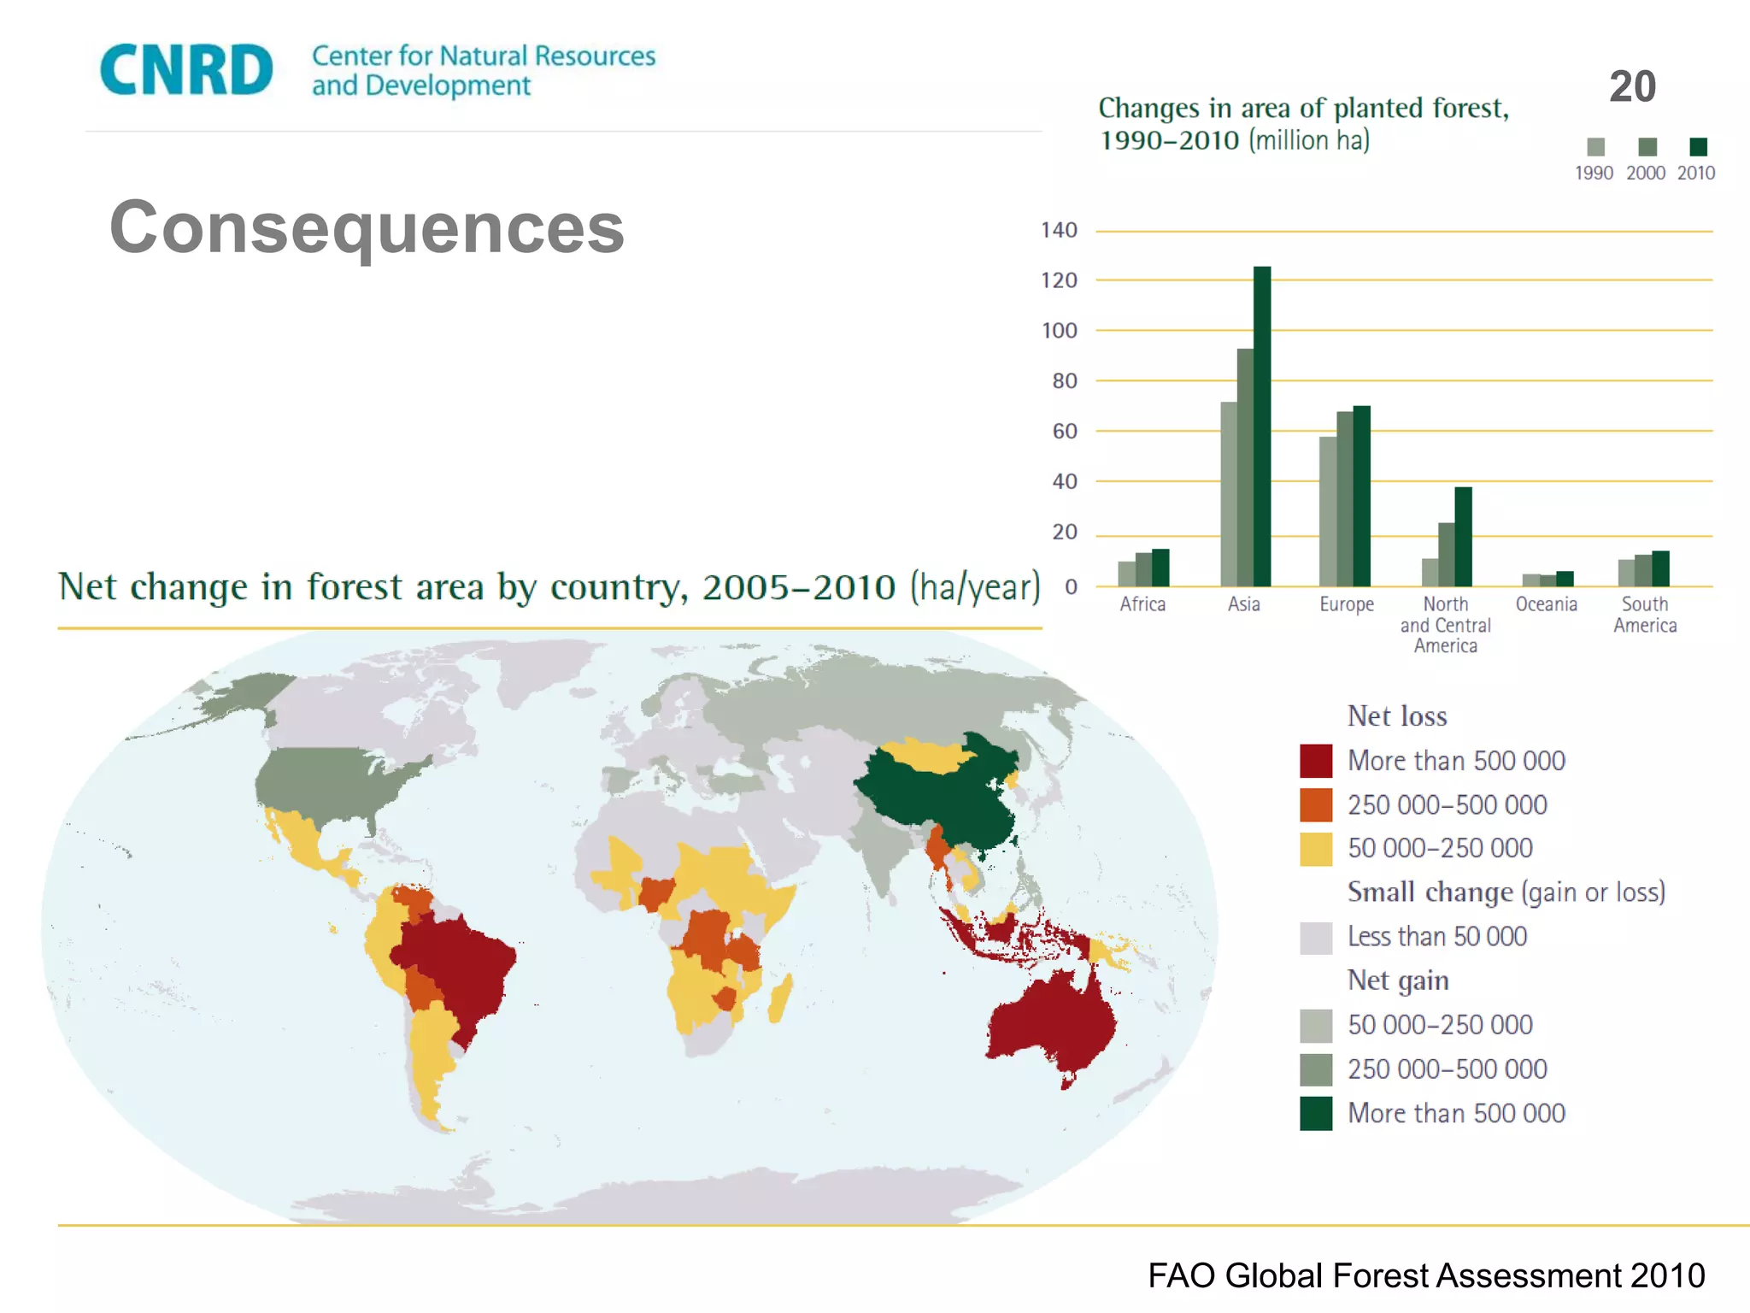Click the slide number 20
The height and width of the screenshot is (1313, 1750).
[x=1632, y=86]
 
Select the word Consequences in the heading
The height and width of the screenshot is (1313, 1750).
[x=367, y=227]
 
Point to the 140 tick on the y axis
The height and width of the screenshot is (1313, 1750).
[x=1059, y=230]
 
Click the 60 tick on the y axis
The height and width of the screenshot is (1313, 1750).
[x=1064, y=431]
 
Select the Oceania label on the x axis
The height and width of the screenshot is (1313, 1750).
[x=1546, y=604]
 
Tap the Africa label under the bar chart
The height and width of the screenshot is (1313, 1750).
[x=1142, y=604]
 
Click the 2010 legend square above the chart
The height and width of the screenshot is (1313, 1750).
[x=1698, y=147]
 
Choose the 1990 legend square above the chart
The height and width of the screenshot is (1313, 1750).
[x=1595, y=147]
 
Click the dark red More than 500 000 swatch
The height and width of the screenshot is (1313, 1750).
[x=1316, y=761]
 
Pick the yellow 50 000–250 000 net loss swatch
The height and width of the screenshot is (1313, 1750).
[x=1316, y=849]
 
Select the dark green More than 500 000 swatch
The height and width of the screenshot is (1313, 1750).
[x=1316, y=1113]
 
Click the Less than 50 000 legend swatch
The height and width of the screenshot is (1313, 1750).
[x=1316, y=937]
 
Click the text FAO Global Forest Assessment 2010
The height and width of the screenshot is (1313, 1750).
[x=1425, y=1275]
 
